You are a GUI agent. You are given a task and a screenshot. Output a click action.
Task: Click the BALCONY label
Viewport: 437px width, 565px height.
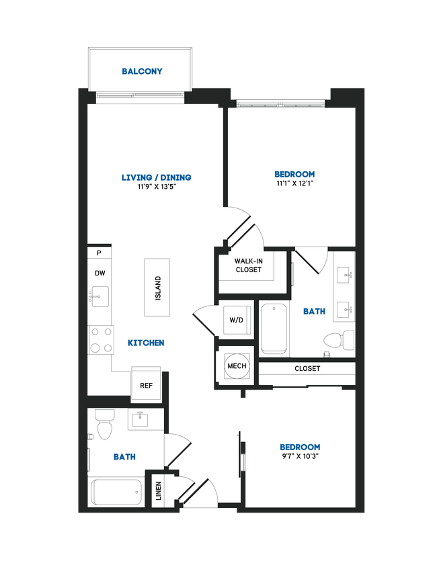pyautogui.click(x=142, y=71)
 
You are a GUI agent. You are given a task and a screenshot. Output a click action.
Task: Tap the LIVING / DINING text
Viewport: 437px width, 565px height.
pyautogui.click(x=156, y=177)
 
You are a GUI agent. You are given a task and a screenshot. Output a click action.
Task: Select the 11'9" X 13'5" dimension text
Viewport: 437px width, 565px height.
pyautogui.click(x=156, y=187)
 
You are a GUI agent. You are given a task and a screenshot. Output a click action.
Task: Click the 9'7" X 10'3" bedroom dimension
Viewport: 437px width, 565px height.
pyautogui.click(x=299, y=456)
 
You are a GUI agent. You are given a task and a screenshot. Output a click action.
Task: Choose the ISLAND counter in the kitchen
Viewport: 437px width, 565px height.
pyautogui.click(x=158, y=288)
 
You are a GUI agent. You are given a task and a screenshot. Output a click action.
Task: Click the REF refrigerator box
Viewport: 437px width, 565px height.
pyautogui.click(x=146, y=386)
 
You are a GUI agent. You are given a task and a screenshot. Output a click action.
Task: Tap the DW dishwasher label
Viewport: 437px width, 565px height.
pyautogui.click(x=100, y=273)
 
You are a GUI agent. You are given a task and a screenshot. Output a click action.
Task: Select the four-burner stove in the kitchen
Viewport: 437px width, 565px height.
pyautogui.click(x=100, y=339)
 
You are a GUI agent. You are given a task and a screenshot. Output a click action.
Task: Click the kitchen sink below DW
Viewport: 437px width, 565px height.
pyautogui.click(x=100, y=296)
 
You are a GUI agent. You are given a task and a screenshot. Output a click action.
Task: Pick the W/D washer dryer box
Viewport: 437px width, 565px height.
pyautogui.click(x=236, y=320)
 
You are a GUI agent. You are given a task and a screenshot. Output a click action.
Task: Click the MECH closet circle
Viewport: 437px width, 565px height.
pyautogui.click(x=237, y=366)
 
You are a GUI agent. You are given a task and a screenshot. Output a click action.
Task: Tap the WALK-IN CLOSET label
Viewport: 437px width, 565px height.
pyautogui.click(x=248, y=265)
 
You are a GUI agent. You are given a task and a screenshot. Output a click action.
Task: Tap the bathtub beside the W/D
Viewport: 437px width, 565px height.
pyautogui.click(x=274, y=329)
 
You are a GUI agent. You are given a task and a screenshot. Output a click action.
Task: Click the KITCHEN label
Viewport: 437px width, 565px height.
pyautogui.click(x=146, y=343)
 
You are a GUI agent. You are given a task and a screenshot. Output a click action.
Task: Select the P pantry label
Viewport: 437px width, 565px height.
pyautogui.click(x=99, y=253)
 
